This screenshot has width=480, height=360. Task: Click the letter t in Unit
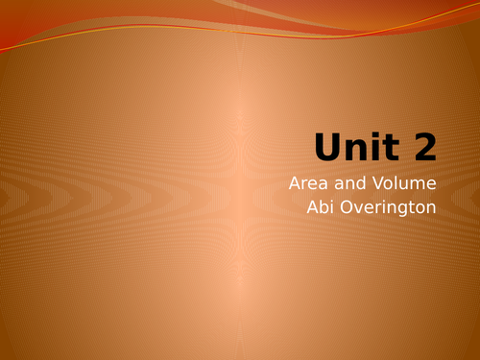(398, 147)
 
